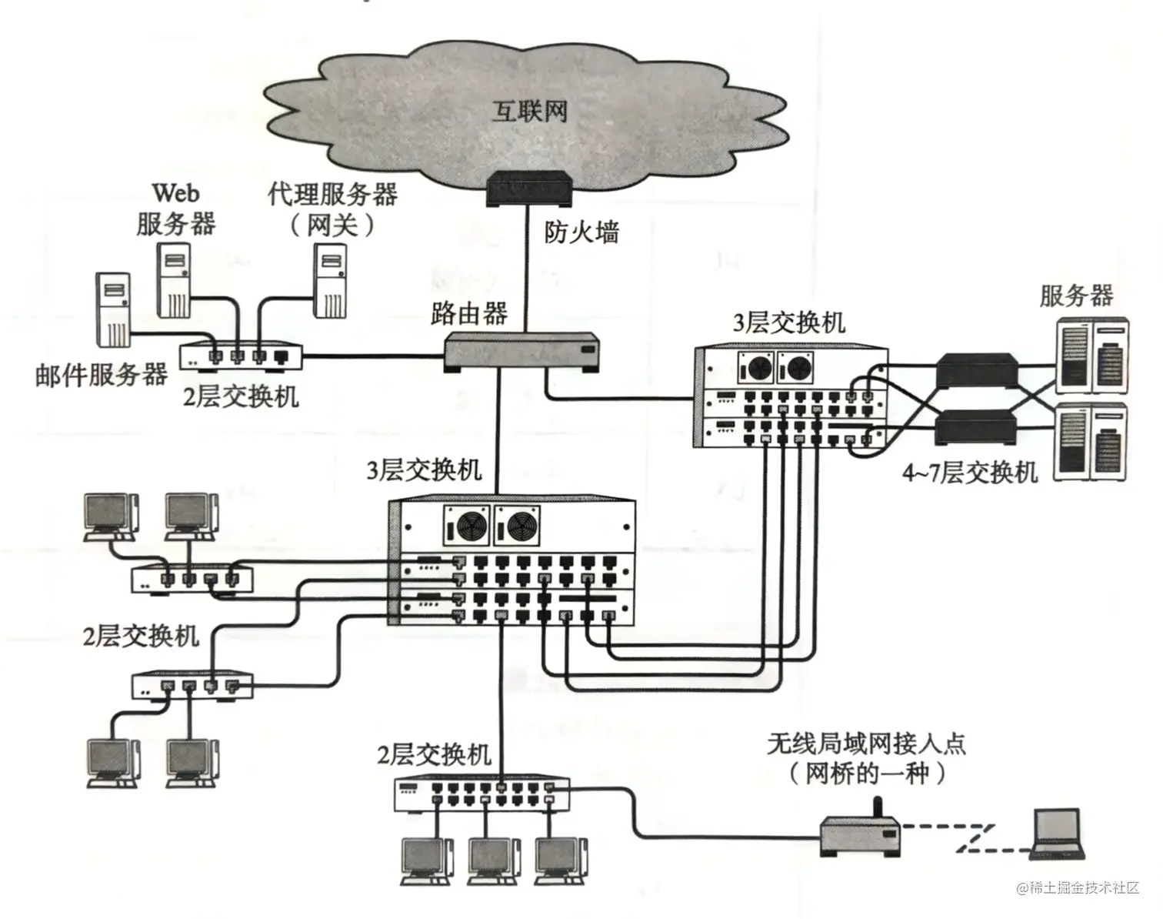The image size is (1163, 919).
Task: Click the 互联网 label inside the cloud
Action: click(x=530, y=112)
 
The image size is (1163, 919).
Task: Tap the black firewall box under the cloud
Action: click(x=530, y=188)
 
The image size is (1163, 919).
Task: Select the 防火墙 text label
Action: click(x=581, y=231)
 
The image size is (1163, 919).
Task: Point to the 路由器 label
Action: click(x=468, y=313)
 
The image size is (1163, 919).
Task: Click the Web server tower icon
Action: click(x=174, y=280)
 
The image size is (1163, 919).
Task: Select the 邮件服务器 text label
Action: click(x=101, y=375)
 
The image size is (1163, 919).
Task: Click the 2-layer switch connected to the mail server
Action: click(x=241, y=356)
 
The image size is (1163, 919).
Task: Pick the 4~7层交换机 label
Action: click(x=970, y=471)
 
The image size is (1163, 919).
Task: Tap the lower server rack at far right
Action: click(x=1091, y=442)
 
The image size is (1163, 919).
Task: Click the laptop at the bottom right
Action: click(x=1058, y=834)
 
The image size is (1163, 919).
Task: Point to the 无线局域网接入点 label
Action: click(x=866, y=744)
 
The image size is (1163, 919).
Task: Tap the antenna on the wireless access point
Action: click(x=875, y=807)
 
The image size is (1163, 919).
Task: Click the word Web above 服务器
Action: click(x=175, y=192)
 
